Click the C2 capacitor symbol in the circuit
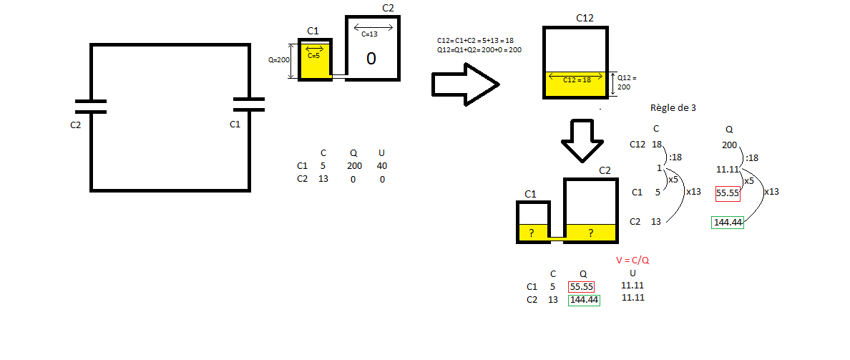(x=91, y=107)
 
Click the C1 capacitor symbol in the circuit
(x=249, y=104)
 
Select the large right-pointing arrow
(x=464, y=84)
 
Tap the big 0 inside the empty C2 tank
(x=371, y=59)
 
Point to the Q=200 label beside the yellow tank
(x=279, y=59)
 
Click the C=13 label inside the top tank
(x=369, y=34)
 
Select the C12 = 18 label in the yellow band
(x=577, y=79)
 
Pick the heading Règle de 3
(x=673, y=107)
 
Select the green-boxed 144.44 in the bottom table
(x=584, y=300)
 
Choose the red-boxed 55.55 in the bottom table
(x=581, y=287)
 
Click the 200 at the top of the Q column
(x=729, y=145)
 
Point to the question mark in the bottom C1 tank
(x=531, y=233)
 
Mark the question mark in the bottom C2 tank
(x=590, y=233)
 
